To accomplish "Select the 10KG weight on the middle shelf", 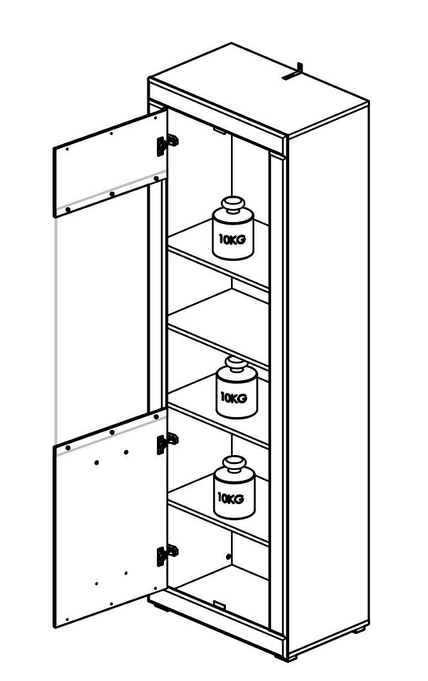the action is point(236,387).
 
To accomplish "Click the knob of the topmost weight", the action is point(232,204).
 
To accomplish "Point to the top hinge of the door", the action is point(167,144).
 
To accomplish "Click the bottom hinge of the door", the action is point(167,554).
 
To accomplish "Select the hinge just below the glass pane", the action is point(167,443).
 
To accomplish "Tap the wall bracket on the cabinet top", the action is point(292,72).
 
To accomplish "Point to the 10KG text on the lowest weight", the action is point(230,498).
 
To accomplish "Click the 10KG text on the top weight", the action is point(232,239).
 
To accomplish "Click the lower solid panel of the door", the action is point(110,517).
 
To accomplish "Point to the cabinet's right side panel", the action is point(328,378).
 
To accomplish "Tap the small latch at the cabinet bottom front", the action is point(219,604).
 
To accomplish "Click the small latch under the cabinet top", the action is point(219,130).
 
